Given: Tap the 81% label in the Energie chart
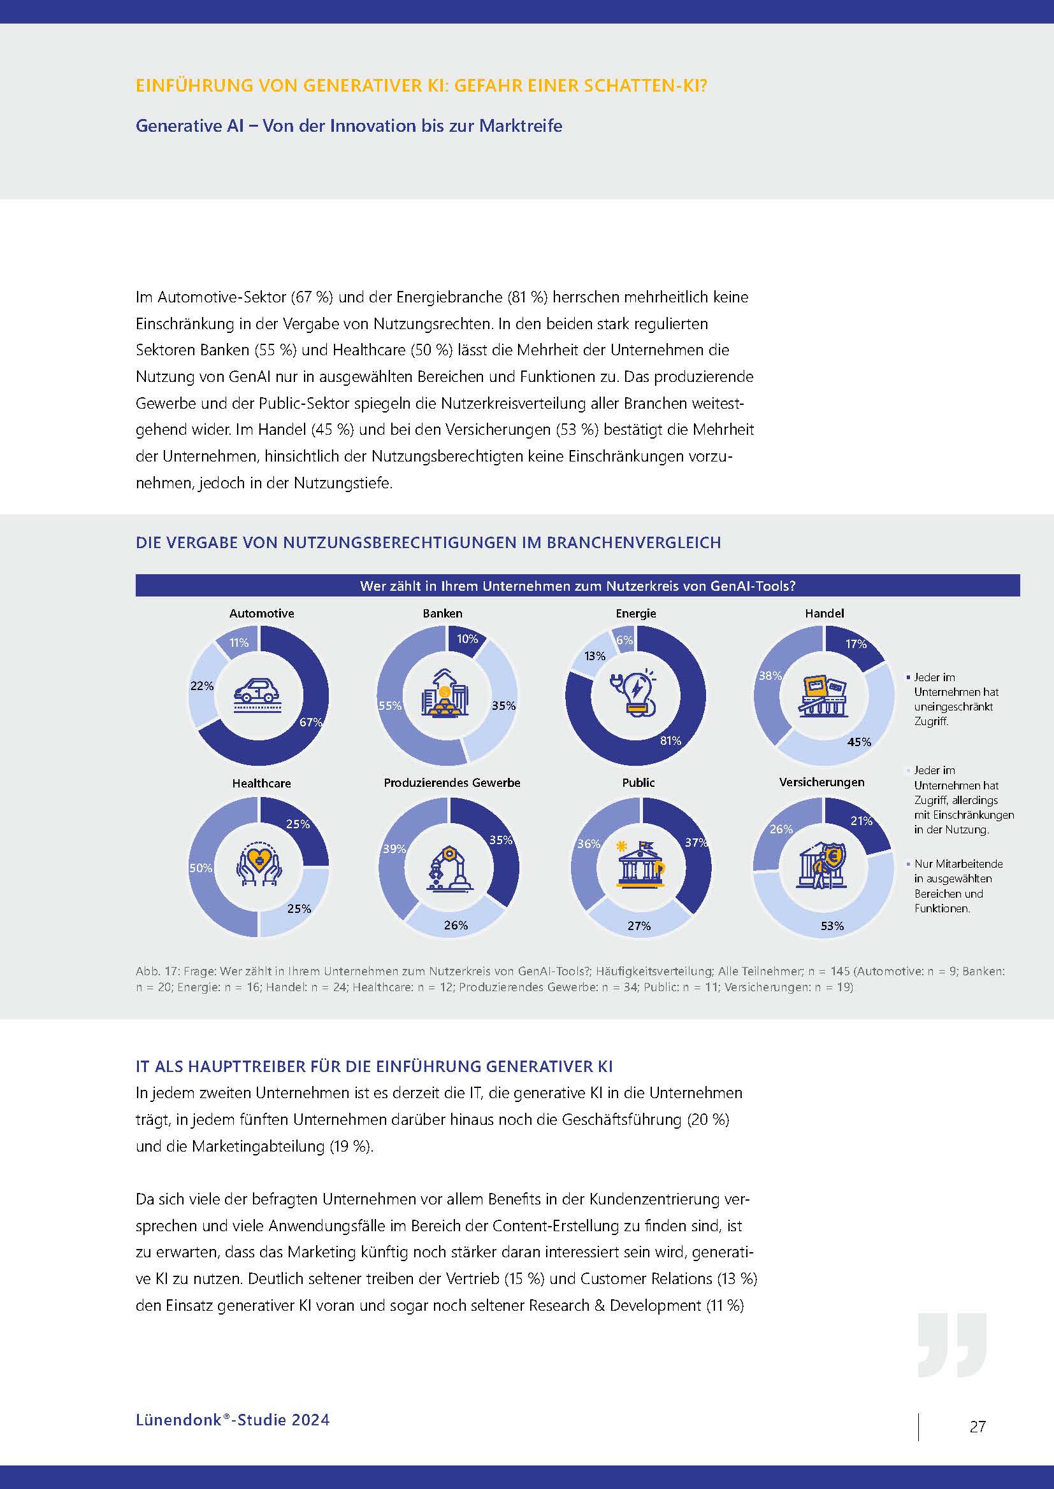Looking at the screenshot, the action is [x=670, y=740].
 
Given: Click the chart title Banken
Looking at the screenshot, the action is [x=443, y=614].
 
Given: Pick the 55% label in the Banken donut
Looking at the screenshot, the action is [x=390, y=705].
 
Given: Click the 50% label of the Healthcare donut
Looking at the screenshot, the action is [x=201, y=868].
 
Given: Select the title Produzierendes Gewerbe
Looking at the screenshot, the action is [x=452, y=783].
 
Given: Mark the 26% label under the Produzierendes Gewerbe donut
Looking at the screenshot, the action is [x=456, y=925].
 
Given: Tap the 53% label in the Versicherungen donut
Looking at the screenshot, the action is [x=832, y=926].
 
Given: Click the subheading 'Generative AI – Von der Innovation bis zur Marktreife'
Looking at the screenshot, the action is [x=349, y=126].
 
